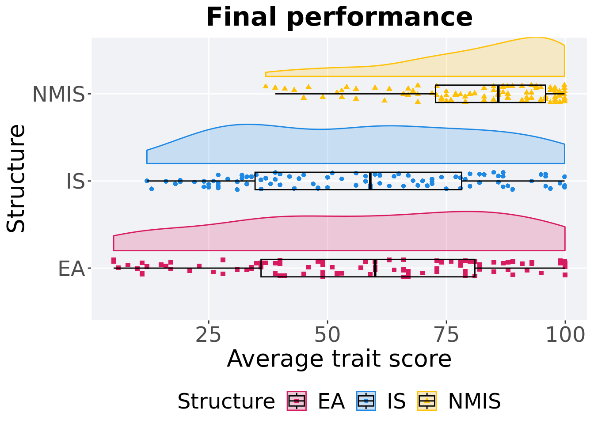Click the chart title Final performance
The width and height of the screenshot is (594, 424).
point(339,17)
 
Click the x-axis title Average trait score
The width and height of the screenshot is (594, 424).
point(339,359)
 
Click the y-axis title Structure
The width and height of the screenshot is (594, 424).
point(16,178)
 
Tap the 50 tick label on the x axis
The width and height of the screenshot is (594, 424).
point(327,335)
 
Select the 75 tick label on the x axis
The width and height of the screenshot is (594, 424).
point(446,335)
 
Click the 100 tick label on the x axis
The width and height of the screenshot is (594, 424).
point(565,335)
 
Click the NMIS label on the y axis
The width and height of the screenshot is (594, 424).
point(58,94)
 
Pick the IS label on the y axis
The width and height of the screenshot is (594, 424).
point(75,181)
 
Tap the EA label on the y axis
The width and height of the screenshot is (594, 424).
point(71,269)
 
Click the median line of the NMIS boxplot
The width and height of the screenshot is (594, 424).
point(499,94)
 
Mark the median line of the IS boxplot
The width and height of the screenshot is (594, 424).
point(370,181)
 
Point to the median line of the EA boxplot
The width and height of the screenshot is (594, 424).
point(375,268)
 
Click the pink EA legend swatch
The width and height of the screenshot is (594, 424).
point(297,401)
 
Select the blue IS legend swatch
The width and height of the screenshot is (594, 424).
point(366,401)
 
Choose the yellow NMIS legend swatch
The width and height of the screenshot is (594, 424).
point(427,401)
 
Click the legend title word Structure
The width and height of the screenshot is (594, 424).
point(226,401)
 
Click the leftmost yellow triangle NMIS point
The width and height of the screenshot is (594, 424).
point(266,86)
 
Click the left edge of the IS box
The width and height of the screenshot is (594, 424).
point(255,181)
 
